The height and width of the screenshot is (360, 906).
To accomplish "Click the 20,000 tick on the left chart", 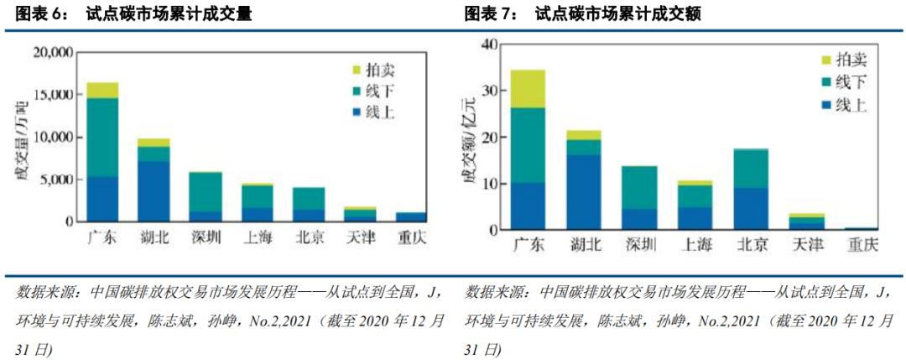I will [52, 53].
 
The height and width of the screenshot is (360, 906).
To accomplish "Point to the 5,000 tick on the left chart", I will [56, 180].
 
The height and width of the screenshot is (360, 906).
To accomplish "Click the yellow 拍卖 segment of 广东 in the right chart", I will [528, 88].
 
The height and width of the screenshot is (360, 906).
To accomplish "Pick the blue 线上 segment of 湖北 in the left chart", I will [154, 191].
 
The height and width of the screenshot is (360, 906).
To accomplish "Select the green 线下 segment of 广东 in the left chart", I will [102, 137].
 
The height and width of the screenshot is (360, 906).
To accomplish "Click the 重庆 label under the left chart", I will [411, 237].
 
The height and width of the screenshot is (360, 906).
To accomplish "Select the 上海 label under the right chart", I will [695, 245].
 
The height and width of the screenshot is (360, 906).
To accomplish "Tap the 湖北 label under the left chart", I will [154, 237].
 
